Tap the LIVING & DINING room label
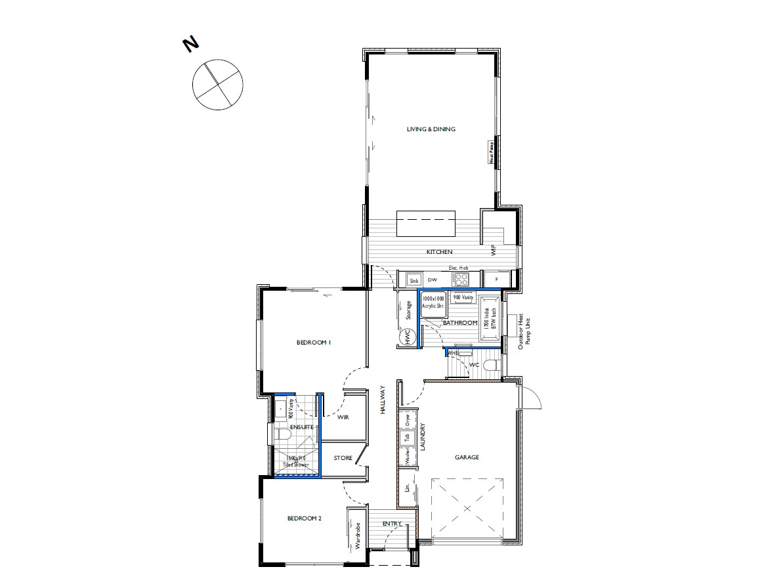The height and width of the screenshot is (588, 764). pyautogui.click(x=431, y=129)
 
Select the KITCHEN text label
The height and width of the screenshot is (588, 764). pyautogui.click(x=440, y=252)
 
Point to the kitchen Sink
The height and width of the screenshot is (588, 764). pyautogui.click(x=414, y=280)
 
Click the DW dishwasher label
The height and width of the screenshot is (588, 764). pyautogui.click(x=433, y=280)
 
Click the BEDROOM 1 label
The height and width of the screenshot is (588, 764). pyautogui.click(x=313, y=343)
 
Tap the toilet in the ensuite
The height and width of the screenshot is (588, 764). pyautogui.click(x=282, y=434)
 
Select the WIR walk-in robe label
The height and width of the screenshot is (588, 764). pyautogui.click(x=343, y=417)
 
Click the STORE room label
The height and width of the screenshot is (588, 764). pyautogui.click(x=343, y=458)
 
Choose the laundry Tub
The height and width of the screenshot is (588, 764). pyautogui.click(x=406, y=438)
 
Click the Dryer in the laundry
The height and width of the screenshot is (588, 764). pyautogui.click(x=406, y=420)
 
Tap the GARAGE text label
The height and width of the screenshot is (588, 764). pyautogui.click(x=467, y=457)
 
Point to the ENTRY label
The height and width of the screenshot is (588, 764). pyautogui.click(x=392, y=523)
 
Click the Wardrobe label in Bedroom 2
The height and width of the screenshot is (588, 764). pyautogui.click(x=358, y=535)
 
